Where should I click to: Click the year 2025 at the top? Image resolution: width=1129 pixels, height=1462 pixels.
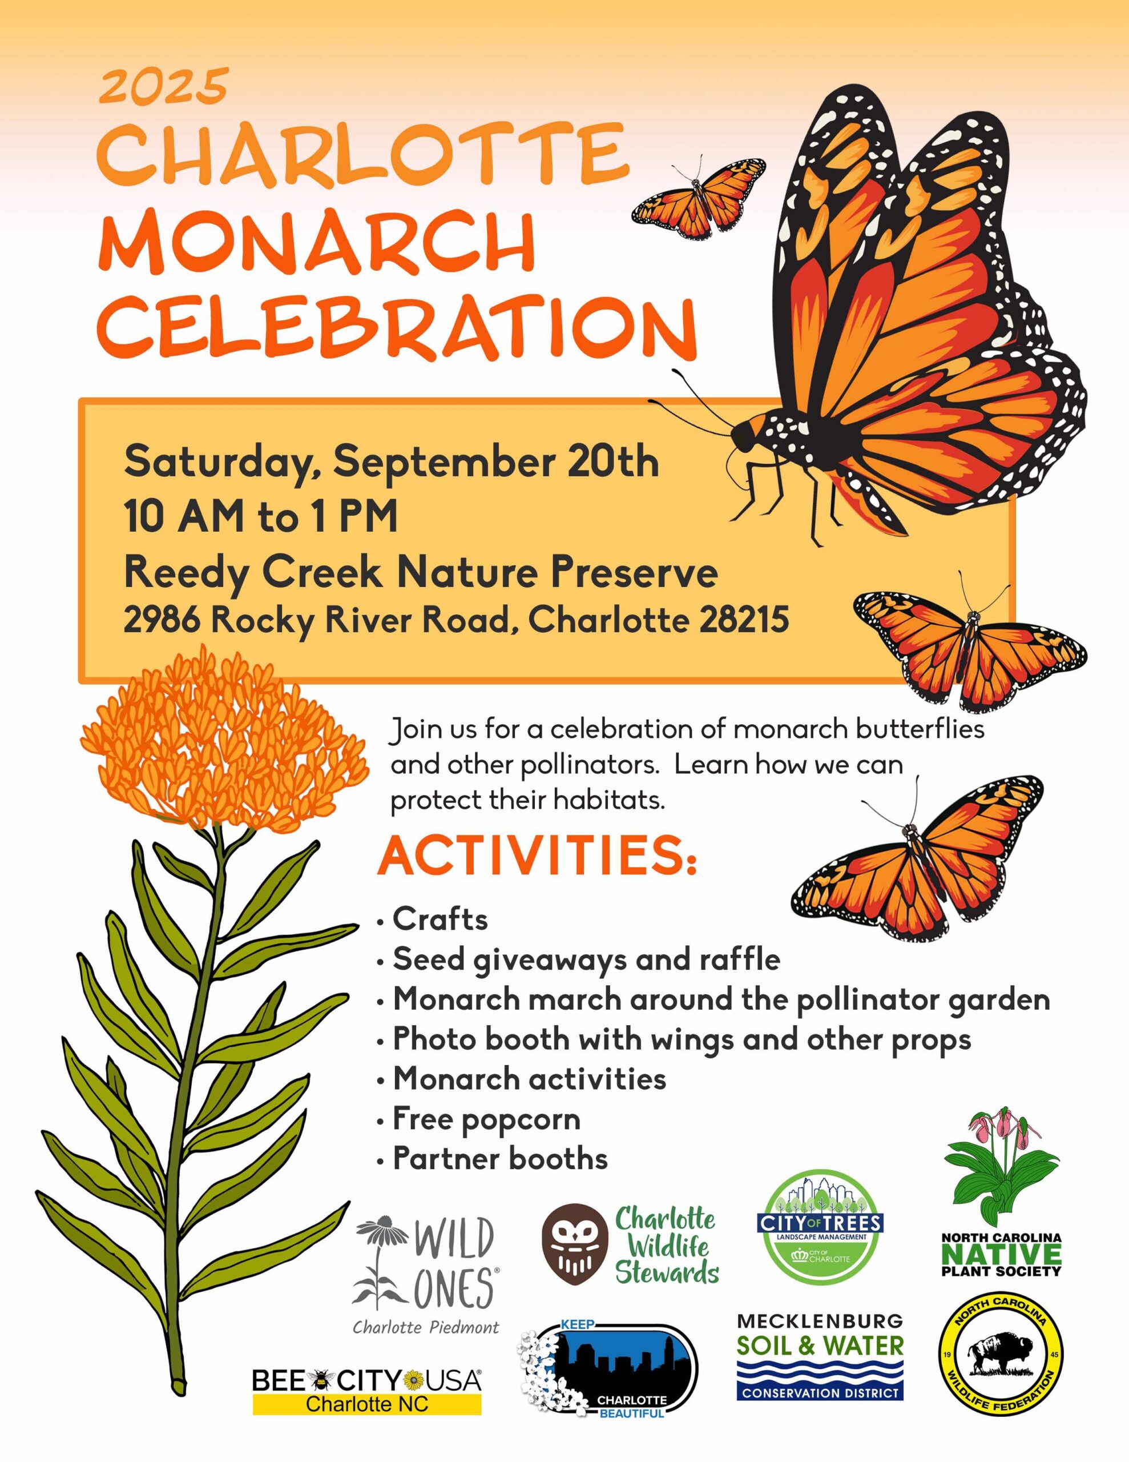164,86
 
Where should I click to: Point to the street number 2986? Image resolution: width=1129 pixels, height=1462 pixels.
162,620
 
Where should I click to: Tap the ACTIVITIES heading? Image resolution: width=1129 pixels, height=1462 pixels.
537,856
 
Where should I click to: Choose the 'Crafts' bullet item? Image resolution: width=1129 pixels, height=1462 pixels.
439,919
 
